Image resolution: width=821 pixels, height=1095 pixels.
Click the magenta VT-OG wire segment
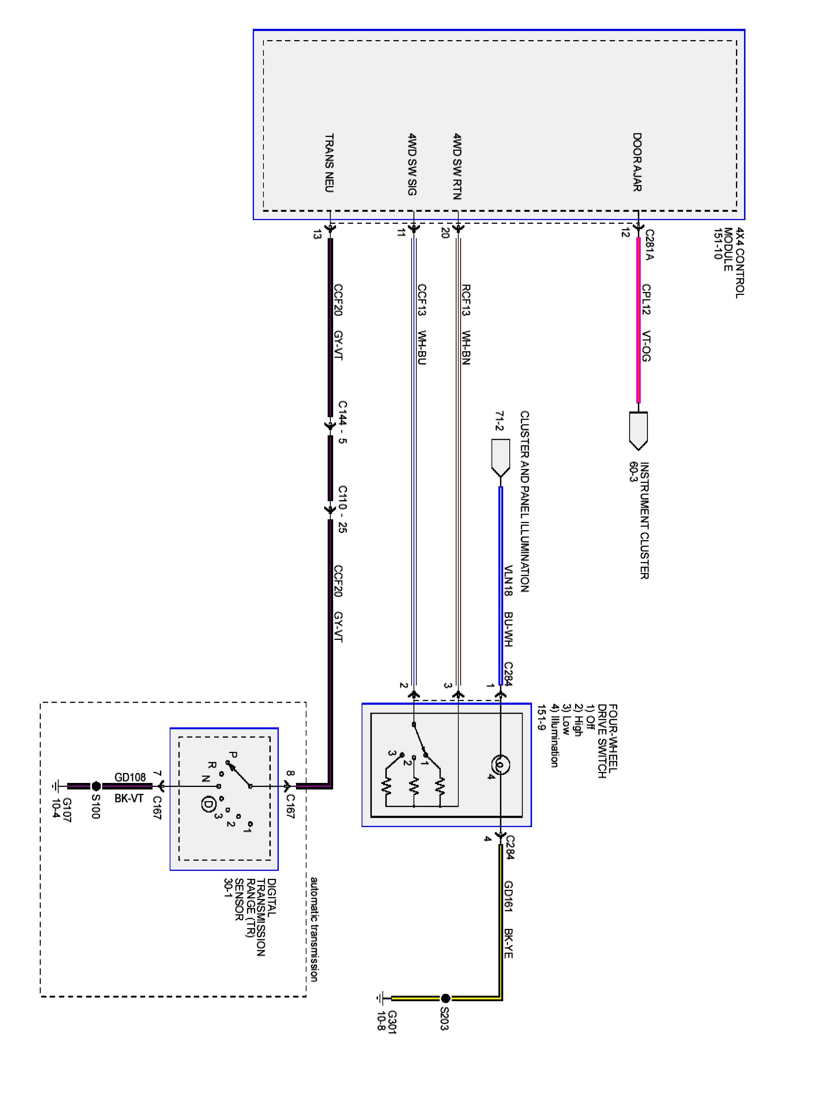(x=639, y=320)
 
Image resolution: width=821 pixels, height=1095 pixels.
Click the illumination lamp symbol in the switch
(x=500, y=765)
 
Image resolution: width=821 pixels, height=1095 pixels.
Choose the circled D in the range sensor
(x=208, y=804)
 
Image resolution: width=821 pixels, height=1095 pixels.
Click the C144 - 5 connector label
(x=342, y=422)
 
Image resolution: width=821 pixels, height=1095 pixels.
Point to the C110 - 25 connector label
(x=342, y=509)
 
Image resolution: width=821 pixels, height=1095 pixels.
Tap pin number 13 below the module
(x=317, y=234)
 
